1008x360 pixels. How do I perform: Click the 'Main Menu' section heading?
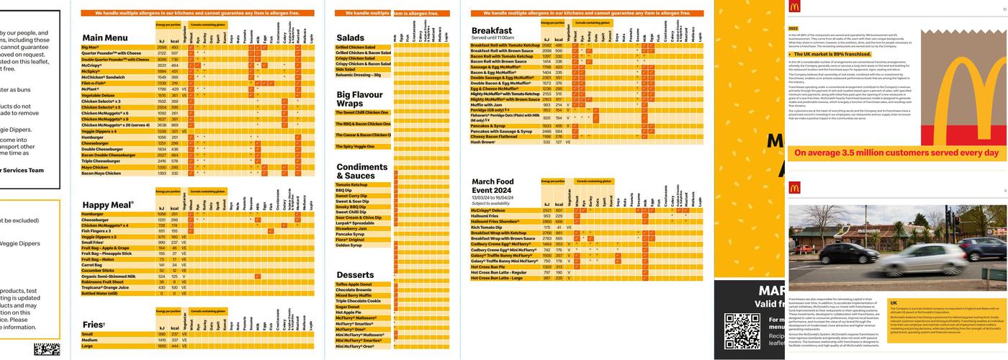point(105,38)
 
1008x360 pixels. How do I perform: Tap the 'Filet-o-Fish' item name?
point(95,83)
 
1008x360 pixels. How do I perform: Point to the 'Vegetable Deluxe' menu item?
point(98,95)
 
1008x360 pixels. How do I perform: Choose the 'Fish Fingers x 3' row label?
point(96,231)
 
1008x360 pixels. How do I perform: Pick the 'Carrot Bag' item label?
point(91,265)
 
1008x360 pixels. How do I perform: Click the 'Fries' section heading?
point(94,325)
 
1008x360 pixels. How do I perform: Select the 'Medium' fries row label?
point(89,340)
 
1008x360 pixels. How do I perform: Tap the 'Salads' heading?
point(350,38)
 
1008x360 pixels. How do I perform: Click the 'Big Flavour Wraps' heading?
point(360,99)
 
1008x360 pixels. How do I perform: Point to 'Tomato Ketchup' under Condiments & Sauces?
point(351,185)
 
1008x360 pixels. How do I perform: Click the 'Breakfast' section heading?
point(492,30)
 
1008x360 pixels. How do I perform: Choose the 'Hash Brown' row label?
point(483,142)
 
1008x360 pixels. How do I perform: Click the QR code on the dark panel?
point(742,332)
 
